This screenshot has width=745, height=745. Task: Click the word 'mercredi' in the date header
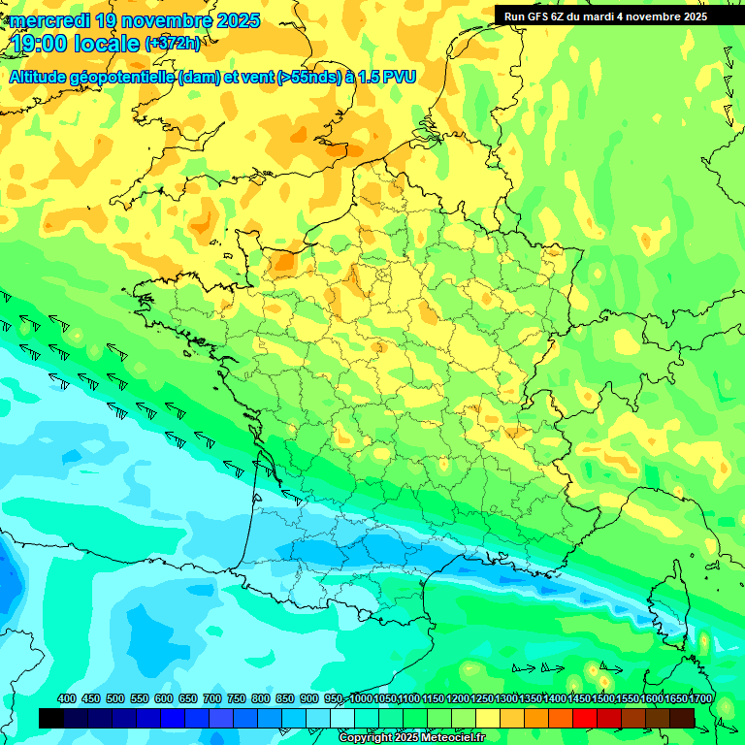point(45,20)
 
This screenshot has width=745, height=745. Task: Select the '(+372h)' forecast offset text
point(173,44)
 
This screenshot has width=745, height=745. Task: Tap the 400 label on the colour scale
point(67,698)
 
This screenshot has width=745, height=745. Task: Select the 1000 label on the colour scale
point(361,698)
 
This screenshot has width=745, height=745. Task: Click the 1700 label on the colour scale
point(699,698)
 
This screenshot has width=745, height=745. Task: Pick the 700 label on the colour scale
point(212,698)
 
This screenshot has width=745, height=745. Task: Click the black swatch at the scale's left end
point(51,718)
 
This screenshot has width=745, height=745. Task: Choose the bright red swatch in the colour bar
point(585,718)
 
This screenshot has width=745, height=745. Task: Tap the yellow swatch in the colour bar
point(488,718)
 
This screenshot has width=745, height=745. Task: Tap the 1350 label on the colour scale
point(530,698)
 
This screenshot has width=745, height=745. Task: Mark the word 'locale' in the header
point(112,44)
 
